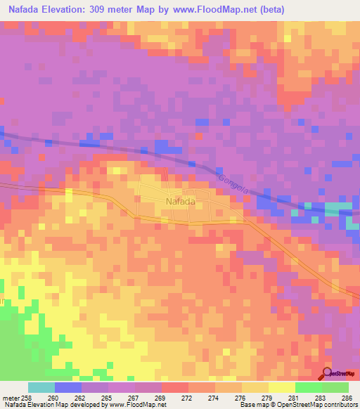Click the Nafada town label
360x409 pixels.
point(180,201)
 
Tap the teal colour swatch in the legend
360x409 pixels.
point(41,387)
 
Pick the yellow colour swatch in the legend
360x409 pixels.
point(281,387)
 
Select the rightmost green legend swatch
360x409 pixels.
point(335,387)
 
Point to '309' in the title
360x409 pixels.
point(115,10)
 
